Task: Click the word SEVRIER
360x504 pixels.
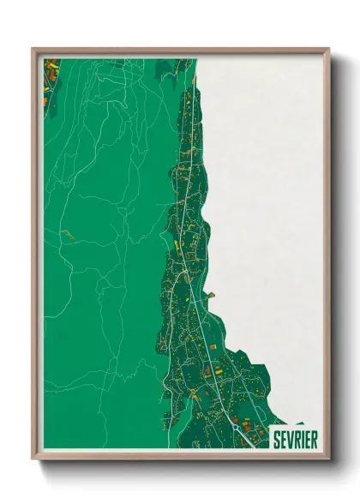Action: click(294, 440)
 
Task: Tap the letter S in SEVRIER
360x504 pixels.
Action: click(277, 440)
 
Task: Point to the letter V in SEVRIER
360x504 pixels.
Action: click(291, 440)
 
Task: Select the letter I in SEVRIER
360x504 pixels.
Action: click(303, 440)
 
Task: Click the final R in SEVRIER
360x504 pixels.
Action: click(314, 440)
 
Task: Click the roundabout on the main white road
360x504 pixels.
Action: click(235, 424)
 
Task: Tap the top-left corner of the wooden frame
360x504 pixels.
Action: click(33, 50)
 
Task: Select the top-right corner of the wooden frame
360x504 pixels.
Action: click(328, 50)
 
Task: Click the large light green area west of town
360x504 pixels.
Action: click(103, 257)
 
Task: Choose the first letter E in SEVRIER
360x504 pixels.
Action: click(284, 440)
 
